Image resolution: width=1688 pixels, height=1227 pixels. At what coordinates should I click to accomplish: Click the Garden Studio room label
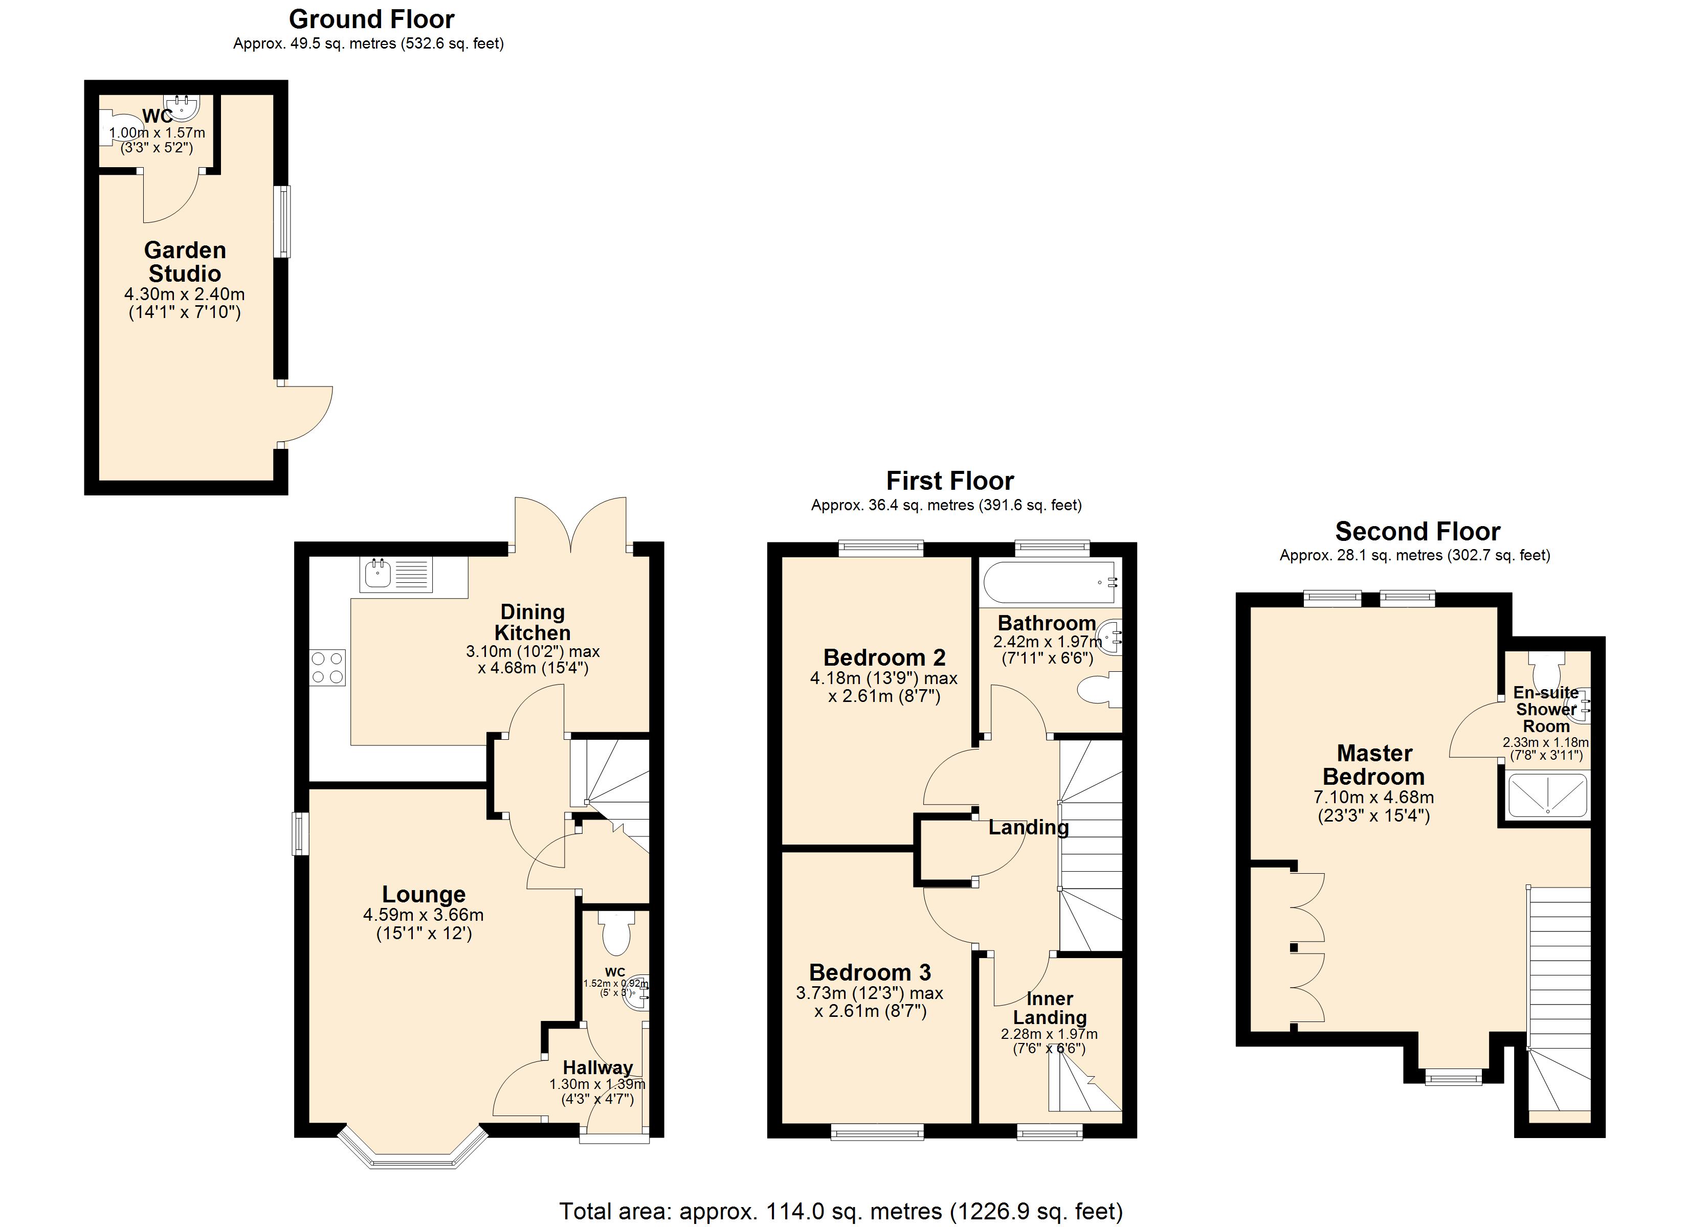coord(185,261)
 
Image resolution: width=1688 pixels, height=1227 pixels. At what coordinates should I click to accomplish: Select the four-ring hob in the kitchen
coord(327,668)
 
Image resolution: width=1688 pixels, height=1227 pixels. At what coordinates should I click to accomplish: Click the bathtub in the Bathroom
coord(1050,582)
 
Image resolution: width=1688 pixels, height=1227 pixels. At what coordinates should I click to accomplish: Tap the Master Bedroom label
coord(1373,765)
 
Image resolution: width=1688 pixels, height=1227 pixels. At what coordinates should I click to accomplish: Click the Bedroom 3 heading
coord(869,972)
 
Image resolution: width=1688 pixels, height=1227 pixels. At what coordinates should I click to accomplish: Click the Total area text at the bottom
coord(840,1211)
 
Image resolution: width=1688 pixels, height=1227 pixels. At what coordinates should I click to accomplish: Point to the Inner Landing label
coord(1050,1008)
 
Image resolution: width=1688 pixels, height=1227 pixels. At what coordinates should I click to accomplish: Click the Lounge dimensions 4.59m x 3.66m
coord(423,915)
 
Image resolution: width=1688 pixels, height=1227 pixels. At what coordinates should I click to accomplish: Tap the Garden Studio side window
coord(282,222)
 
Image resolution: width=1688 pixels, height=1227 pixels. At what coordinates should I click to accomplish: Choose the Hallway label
coord(597,1068)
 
